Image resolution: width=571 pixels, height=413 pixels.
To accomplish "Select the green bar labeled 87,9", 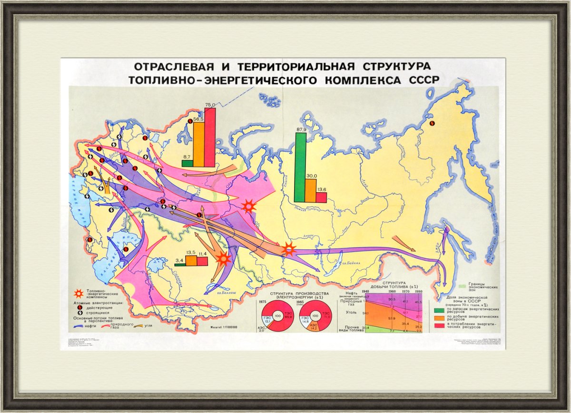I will pos(300,167).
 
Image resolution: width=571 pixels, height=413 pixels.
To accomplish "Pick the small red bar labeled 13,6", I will pos(321,197).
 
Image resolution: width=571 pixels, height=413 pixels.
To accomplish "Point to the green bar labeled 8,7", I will pos(187,163).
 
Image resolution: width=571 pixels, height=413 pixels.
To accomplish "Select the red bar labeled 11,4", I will pos(202,261).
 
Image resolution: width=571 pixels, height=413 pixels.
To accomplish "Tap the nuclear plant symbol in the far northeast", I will pos(432,123).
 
